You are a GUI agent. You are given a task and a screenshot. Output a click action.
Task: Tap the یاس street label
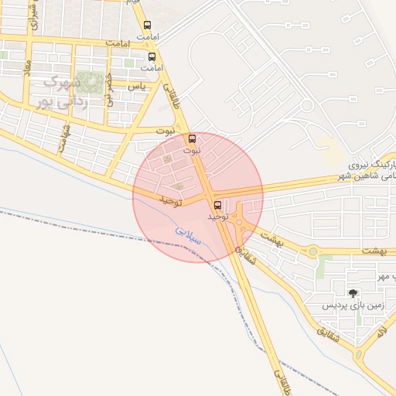[x=138, y=85]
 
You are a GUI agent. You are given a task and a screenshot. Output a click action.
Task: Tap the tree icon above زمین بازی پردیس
[x=353, y=292]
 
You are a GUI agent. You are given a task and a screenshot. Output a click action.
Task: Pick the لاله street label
[x=381, y=333]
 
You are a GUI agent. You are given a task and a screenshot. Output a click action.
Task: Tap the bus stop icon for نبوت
[x=193, y=138]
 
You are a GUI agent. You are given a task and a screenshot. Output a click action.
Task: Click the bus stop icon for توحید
[x=217, y=206]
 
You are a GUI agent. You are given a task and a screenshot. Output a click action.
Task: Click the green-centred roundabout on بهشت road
[x=312, y=251]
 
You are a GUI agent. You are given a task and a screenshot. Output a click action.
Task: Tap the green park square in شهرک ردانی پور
[x=94, y=80]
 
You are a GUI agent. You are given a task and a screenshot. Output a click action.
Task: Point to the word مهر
[x=384, y=276]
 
